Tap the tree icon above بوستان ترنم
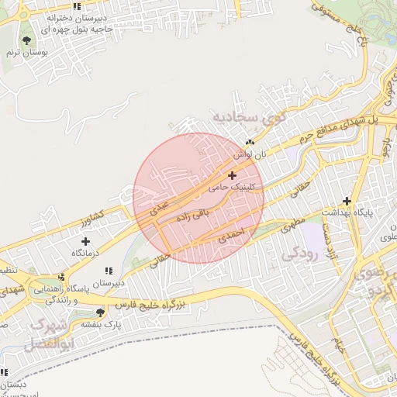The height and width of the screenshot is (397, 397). tap(27, 40)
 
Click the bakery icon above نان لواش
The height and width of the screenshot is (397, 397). tap(250, 143)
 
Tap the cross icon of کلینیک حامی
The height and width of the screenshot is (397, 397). tap(232, 176)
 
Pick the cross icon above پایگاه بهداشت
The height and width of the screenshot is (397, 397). tap(347, 200)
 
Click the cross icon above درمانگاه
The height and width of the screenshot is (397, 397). tap(85, 242)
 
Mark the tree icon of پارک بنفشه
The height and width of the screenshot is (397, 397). tap(100, 312)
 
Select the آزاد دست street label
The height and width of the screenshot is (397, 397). tap(329, 240)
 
